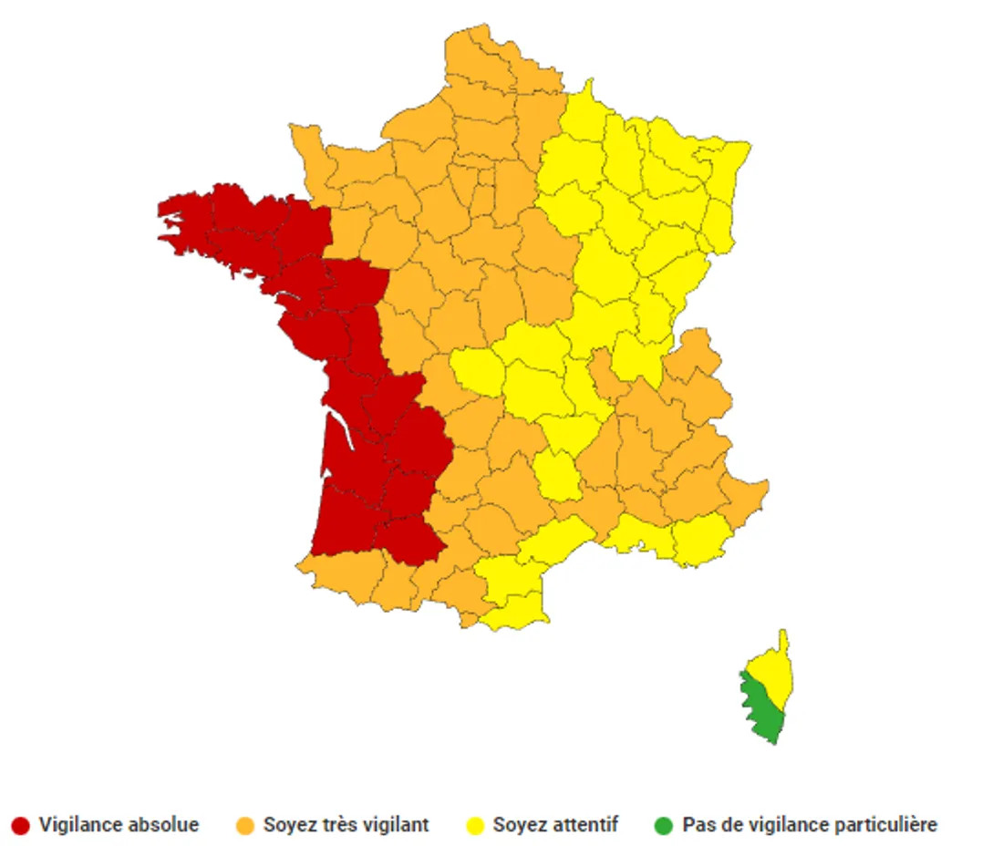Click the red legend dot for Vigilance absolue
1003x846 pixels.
pyautogui.click(x=21, y=826)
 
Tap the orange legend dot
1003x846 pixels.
pyautogui.click(x=244, y=826)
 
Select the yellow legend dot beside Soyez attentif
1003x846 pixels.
pyautogui.click(x=474, y=826)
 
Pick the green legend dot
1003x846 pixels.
pyautogui.click(x=663, y=826)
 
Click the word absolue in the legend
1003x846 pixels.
pyautogui.click(x=163, y=825)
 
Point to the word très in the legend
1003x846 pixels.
pyautogui.click(x=341, y=825)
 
